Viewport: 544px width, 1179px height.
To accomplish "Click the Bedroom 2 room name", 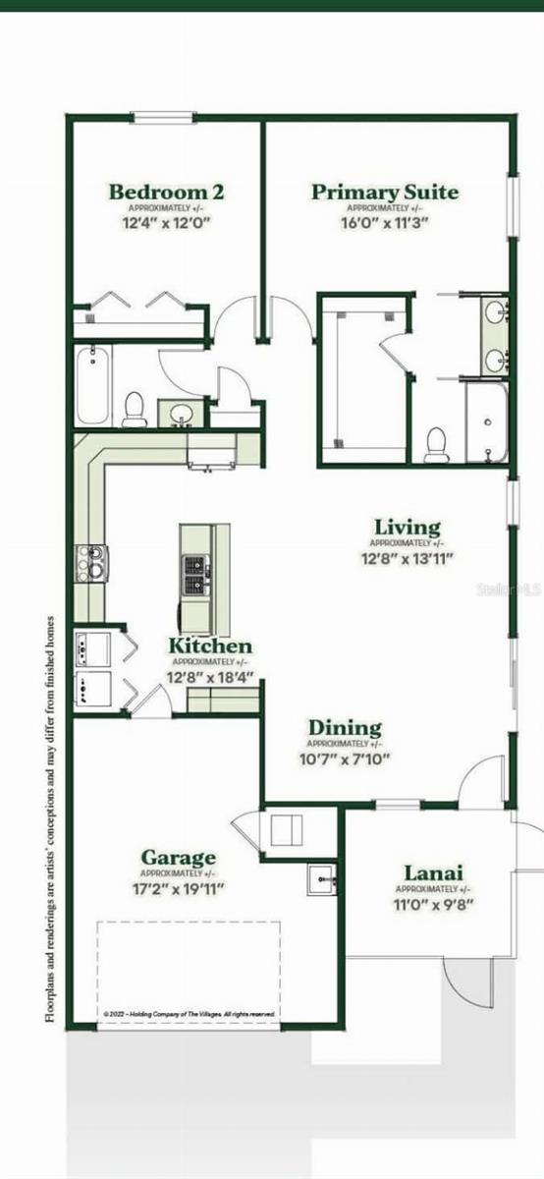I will click(166, 192).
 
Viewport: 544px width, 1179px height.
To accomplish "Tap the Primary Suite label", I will click(385, 192).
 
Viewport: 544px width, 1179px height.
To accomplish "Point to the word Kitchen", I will click(210, 646).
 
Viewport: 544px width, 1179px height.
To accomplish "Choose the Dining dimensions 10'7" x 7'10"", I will click(345, 758).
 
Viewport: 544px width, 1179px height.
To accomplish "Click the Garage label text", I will click(178, 858).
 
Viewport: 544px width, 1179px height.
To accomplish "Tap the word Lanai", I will click(433, 872).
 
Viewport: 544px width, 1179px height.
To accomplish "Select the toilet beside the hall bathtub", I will click(135, 409).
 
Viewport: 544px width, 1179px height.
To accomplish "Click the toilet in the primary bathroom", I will click(437, 444).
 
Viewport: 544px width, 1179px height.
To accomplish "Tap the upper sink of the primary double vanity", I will click(494, 315).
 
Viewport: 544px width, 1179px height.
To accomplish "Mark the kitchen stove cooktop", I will click(92, 564).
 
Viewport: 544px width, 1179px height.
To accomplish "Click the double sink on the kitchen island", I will click(195, 577).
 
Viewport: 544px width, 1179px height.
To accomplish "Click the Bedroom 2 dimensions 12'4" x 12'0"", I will click(166, 223).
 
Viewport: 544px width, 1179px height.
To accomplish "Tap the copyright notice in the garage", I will click(190, 1013).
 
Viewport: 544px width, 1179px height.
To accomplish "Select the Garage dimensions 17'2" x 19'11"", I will click(178, 889).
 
